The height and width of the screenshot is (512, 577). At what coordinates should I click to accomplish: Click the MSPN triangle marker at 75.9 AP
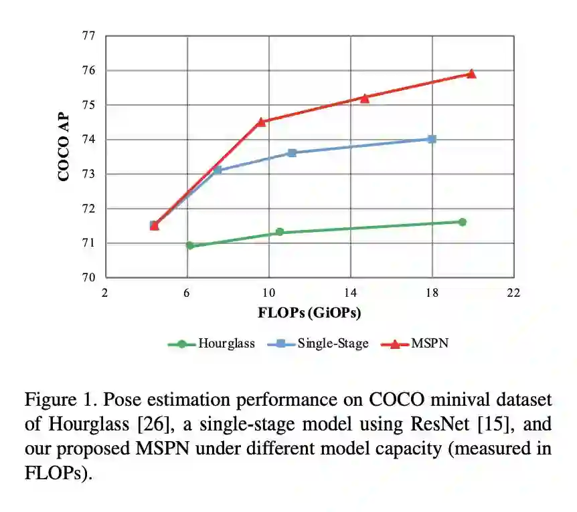point(471,74)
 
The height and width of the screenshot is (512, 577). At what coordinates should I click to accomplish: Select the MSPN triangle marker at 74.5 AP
point(261,122)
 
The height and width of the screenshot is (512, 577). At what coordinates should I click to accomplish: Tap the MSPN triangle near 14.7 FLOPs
point(365,98)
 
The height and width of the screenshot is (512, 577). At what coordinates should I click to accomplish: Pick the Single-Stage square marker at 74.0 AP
point(432,139)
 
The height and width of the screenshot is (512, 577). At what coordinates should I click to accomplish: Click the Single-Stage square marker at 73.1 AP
point(218,170)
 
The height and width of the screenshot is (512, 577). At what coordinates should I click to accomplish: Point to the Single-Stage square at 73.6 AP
point(292,153)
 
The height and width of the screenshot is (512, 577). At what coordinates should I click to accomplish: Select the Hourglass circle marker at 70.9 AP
point(189,245)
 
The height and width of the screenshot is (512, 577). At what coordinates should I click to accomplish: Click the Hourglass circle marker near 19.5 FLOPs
point(463,222)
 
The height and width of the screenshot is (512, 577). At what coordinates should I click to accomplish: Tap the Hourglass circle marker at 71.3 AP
point(280,232)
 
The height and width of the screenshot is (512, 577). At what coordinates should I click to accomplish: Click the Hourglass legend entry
point(212,344)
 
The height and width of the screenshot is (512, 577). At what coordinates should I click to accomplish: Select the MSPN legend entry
point(418,344)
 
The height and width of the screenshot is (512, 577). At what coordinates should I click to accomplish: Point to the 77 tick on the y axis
point(88,36)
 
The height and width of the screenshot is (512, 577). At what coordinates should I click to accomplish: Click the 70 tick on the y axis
point(88,277)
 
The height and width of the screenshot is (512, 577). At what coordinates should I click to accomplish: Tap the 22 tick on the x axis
point(513,292)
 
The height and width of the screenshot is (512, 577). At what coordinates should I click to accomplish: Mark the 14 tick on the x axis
point(350,292)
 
